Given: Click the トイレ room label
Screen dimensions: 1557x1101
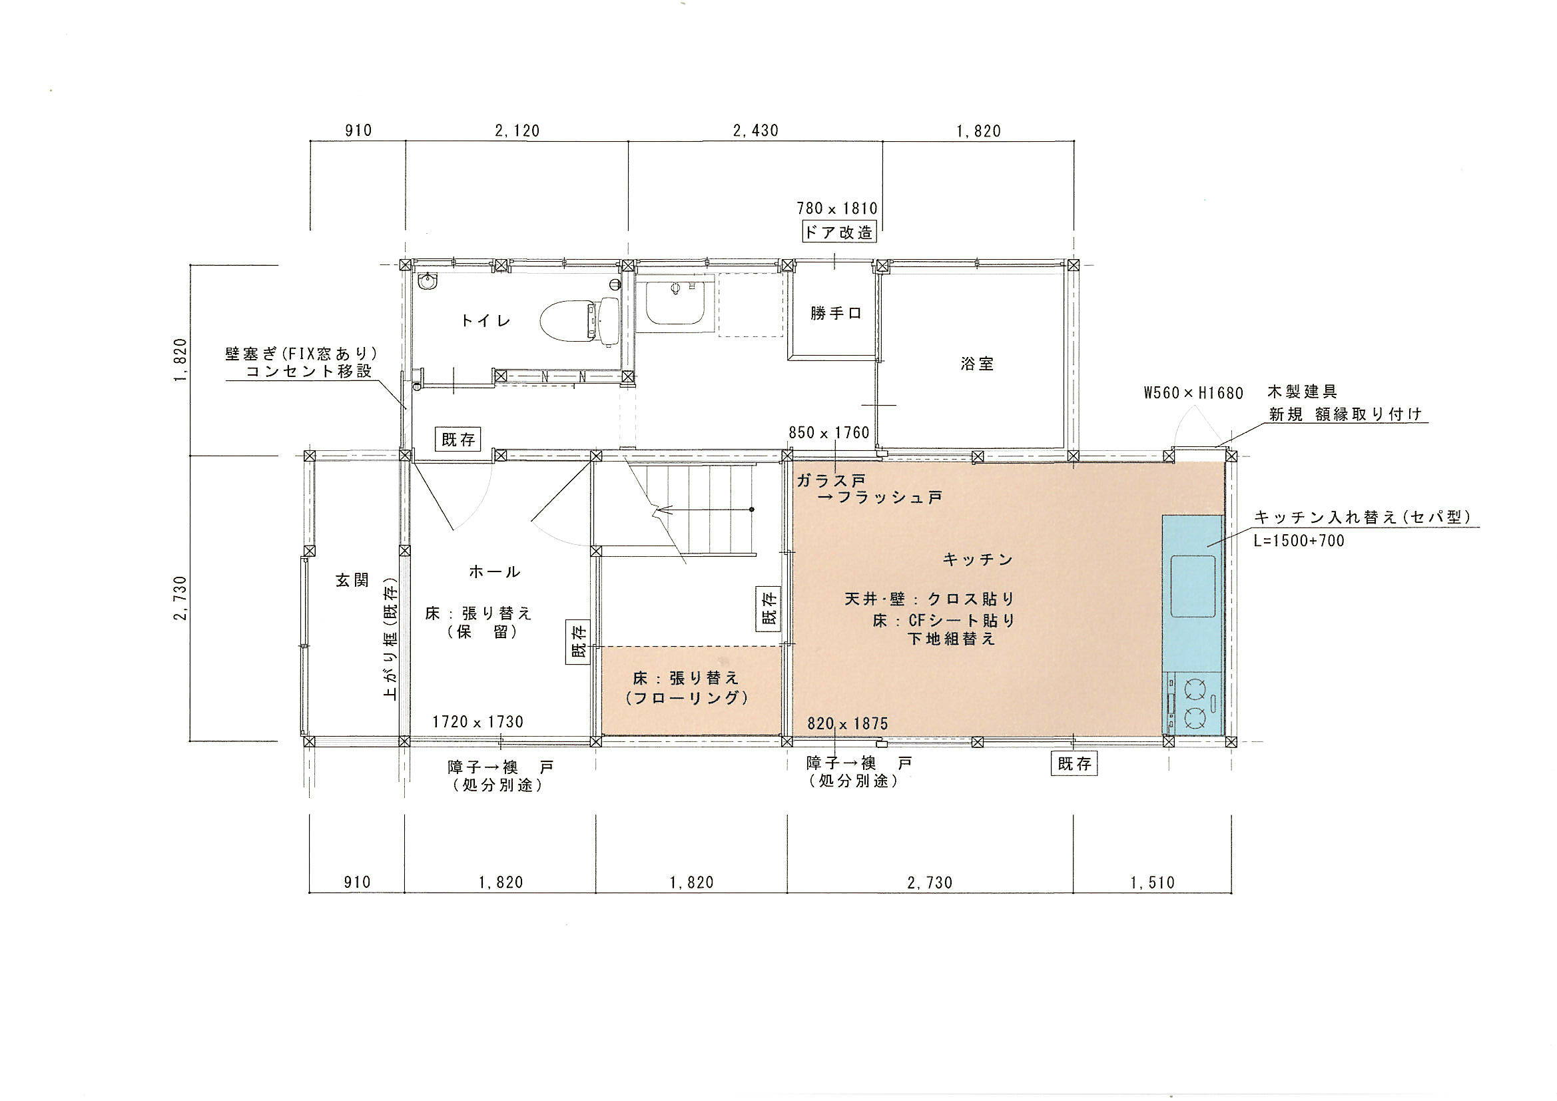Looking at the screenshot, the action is tap(485, 320).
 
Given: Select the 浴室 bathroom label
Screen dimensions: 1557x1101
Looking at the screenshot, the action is tap(977, 364).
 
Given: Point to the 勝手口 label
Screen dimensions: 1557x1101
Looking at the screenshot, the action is tap(836, 314).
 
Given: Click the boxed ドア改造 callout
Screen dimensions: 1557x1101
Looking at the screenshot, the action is tap(838, 232).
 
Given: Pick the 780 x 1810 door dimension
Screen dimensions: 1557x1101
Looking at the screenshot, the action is tap(837, 208).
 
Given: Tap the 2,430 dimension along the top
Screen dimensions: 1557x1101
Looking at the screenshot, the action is tap(755, 131).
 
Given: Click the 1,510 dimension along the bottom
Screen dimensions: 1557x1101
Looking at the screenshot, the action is tap(1152, 883).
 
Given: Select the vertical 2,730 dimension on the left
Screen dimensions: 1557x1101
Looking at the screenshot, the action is tap(181, 597).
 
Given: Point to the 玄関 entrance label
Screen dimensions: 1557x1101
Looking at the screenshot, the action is tap(353, 580).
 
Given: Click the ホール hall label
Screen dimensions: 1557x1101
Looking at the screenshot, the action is tap(494, 572).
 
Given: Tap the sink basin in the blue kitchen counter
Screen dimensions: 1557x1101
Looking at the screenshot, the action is tap(1193, 586).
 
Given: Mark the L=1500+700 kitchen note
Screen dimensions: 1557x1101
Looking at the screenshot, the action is tap(1299, 541).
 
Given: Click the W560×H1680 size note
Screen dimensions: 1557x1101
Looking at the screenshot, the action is tap(1193, 393).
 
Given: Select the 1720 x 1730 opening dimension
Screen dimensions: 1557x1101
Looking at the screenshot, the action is tap(478, 722).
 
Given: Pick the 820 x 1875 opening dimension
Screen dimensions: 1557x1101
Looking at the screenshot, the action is tap(848, 724).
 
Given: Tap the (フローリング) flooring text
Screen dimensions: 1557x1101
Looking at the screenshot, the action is tap(688, 697).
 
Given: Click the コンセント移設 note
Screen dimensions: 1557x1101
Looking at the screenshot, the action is tap(308, 371).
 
